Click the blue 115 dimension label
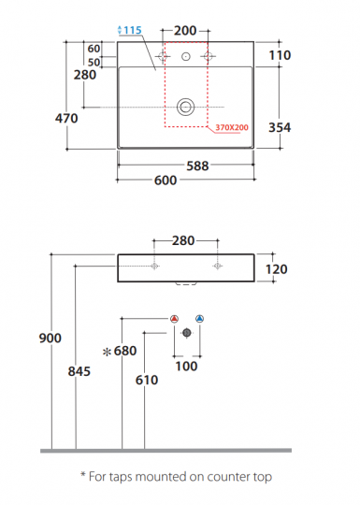coord(130,31)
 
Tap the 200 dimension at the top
coord(185,31)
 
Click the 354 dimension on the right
coord(279,128)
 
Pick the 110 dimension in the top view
coord(279,56)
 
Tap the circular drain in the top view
coord(186,106)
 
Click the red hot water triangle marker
coord(175,319)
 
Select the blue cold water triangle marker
coord(199,319)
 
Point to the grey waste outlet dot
coord(187,331)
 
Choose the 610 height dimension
coord(146,380)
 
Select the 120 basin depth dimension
coord(276,268)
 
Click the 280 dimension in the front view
coord(183,240)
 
